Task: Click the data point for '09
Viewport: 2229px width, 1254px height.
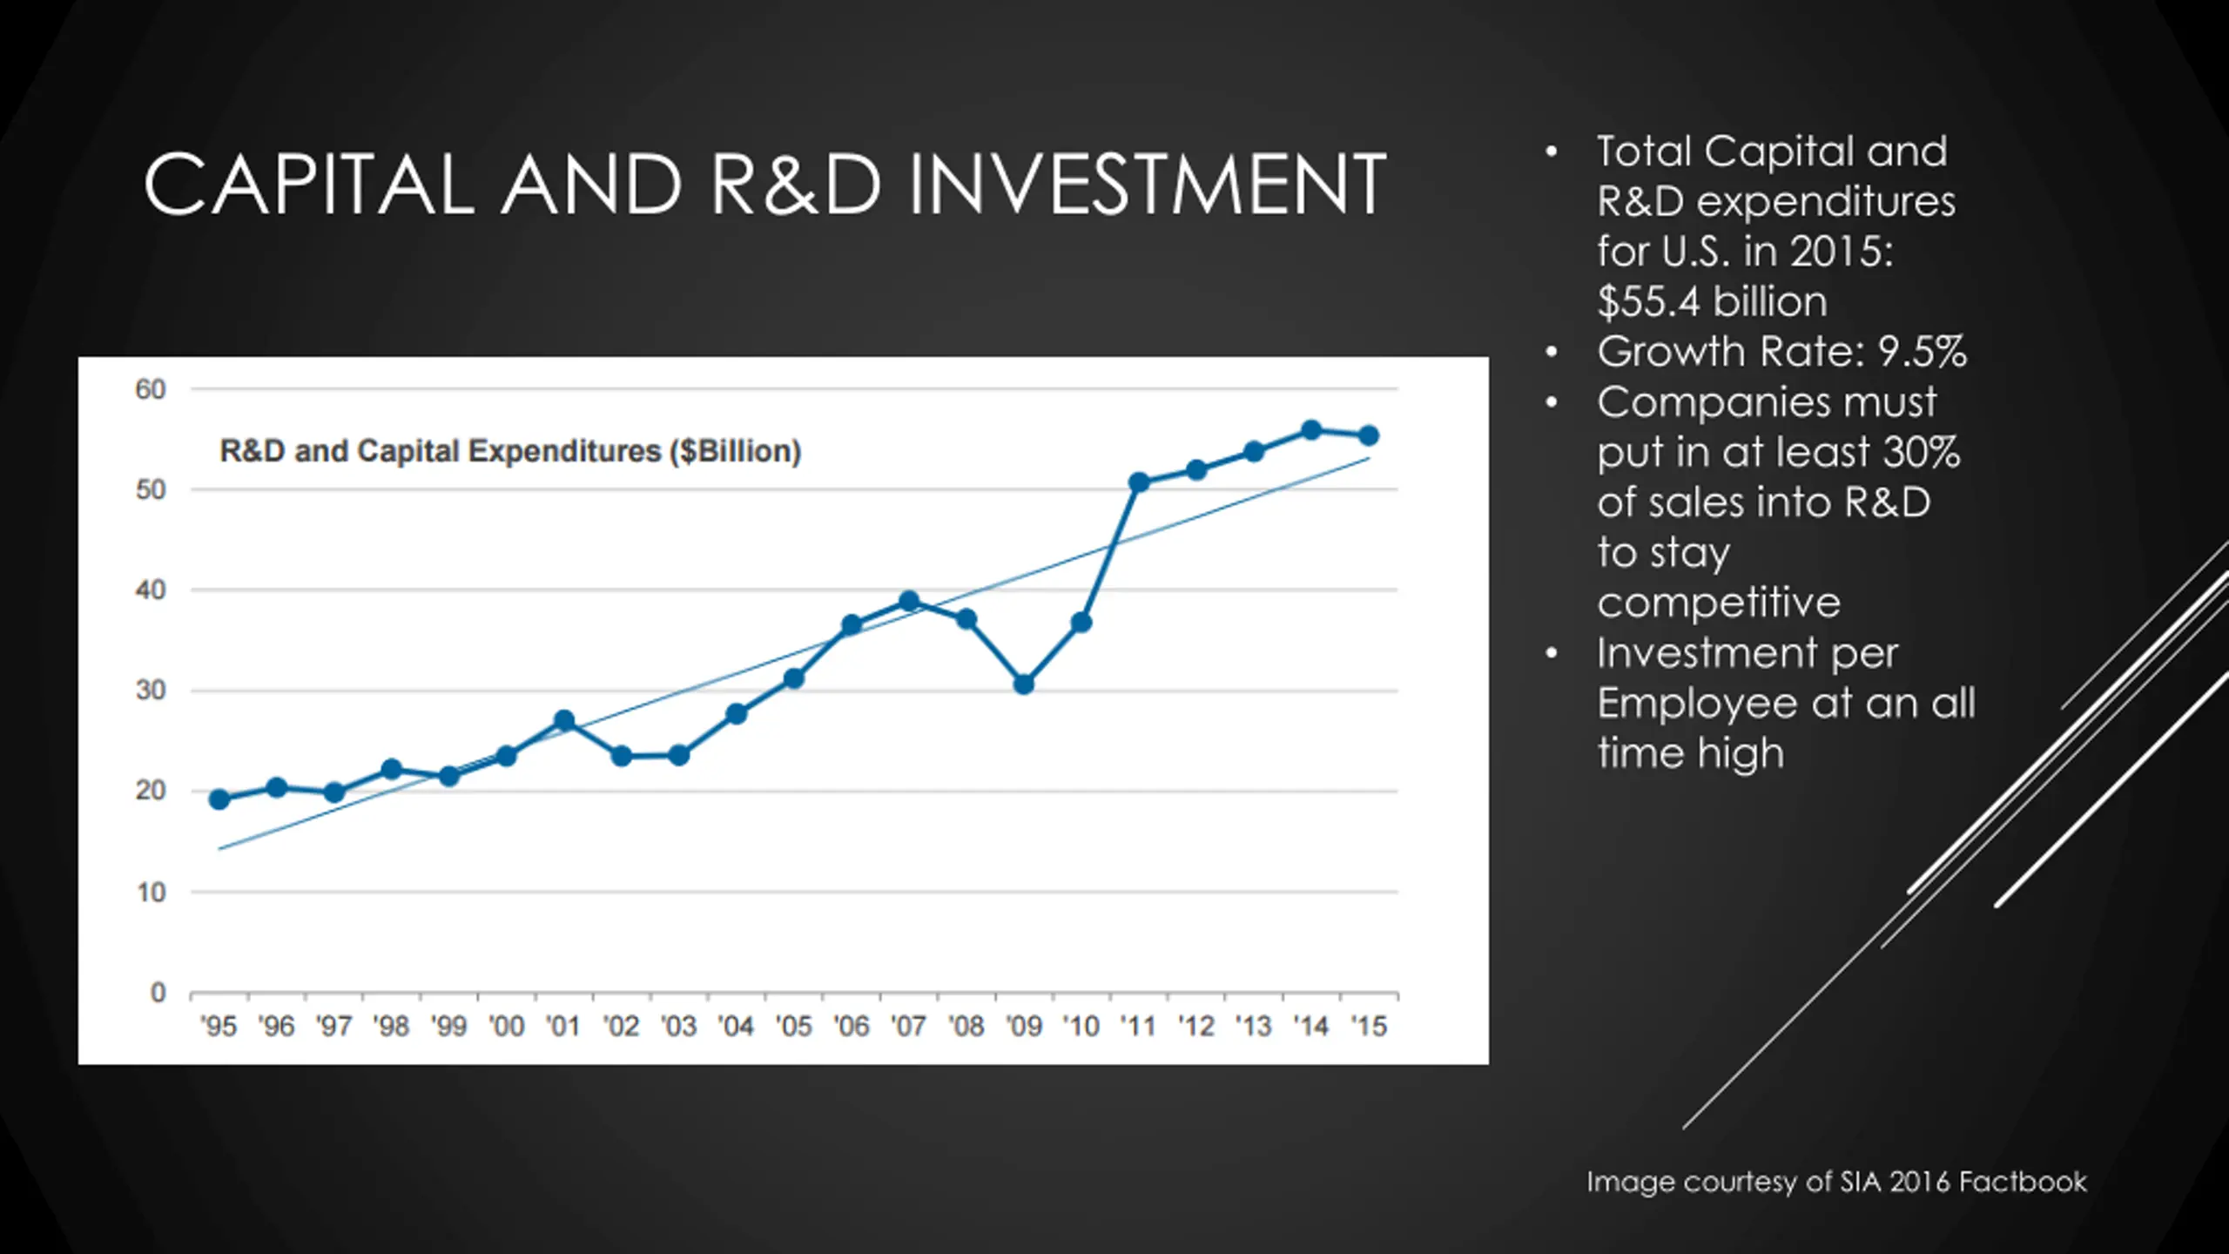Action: pyautogui.click(x=1024, y=684)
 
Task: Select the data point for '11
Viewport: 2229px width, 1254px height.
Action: pyautogui.click(x=1139, y=482)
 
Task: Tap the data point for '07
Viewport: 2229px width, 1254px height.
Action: pyautogui.click(x=909, y=602)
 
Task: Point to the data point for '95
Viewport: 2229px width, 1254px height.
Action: pyautogui.click(x=219, y=799)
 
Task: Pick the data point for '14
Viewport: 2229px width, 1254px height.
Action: pyautogui.click(x=1311, y=430)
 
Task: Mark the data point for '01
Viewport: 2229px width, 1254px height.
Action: pyautogui.click(x=564, y=721)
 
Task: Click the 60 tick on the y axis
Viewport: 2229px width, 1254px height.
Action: pyautogui.click(x=151, y=389)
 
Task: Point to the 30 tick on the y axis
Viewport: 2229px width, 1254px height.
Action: pyautogui.click(x=151, y=691)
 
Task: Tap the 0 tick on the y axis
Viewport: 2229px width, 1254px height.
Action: pyautogui.click(x=158, y=992)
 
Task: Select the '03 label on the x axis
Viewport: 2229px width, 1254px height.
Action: pyautogui.click(x=678, y=1027)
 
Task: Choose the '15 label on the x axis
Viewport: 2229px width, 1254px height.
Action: pyautogui.click(x=1368, y=1027)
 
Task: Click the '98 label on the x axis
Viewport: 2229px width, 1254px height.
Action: pyautogui.click(x=391, y=1027)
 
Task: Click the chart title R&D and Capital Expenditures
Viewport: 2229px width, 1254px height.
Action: pyautogui.click(x=510, y=451)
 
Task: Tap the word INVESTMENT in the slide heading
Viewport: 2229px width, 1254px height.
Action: pyautogui.click(x=1148, y=185)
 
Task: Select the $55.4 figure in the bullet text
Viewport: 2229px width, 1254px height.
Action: pyautogui.click(x=1648, y=302)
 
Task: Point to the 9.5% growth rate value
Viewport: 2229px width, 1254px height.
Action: pyautogui.click(x=1922, y=352)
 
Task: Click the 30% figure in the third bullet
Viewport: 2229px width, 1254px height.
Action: pyautogui.click(x=1921, y=452)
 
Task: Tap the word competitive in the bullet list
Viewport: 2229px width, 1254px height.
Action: pyautogui.click(x=1719, y=603)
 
